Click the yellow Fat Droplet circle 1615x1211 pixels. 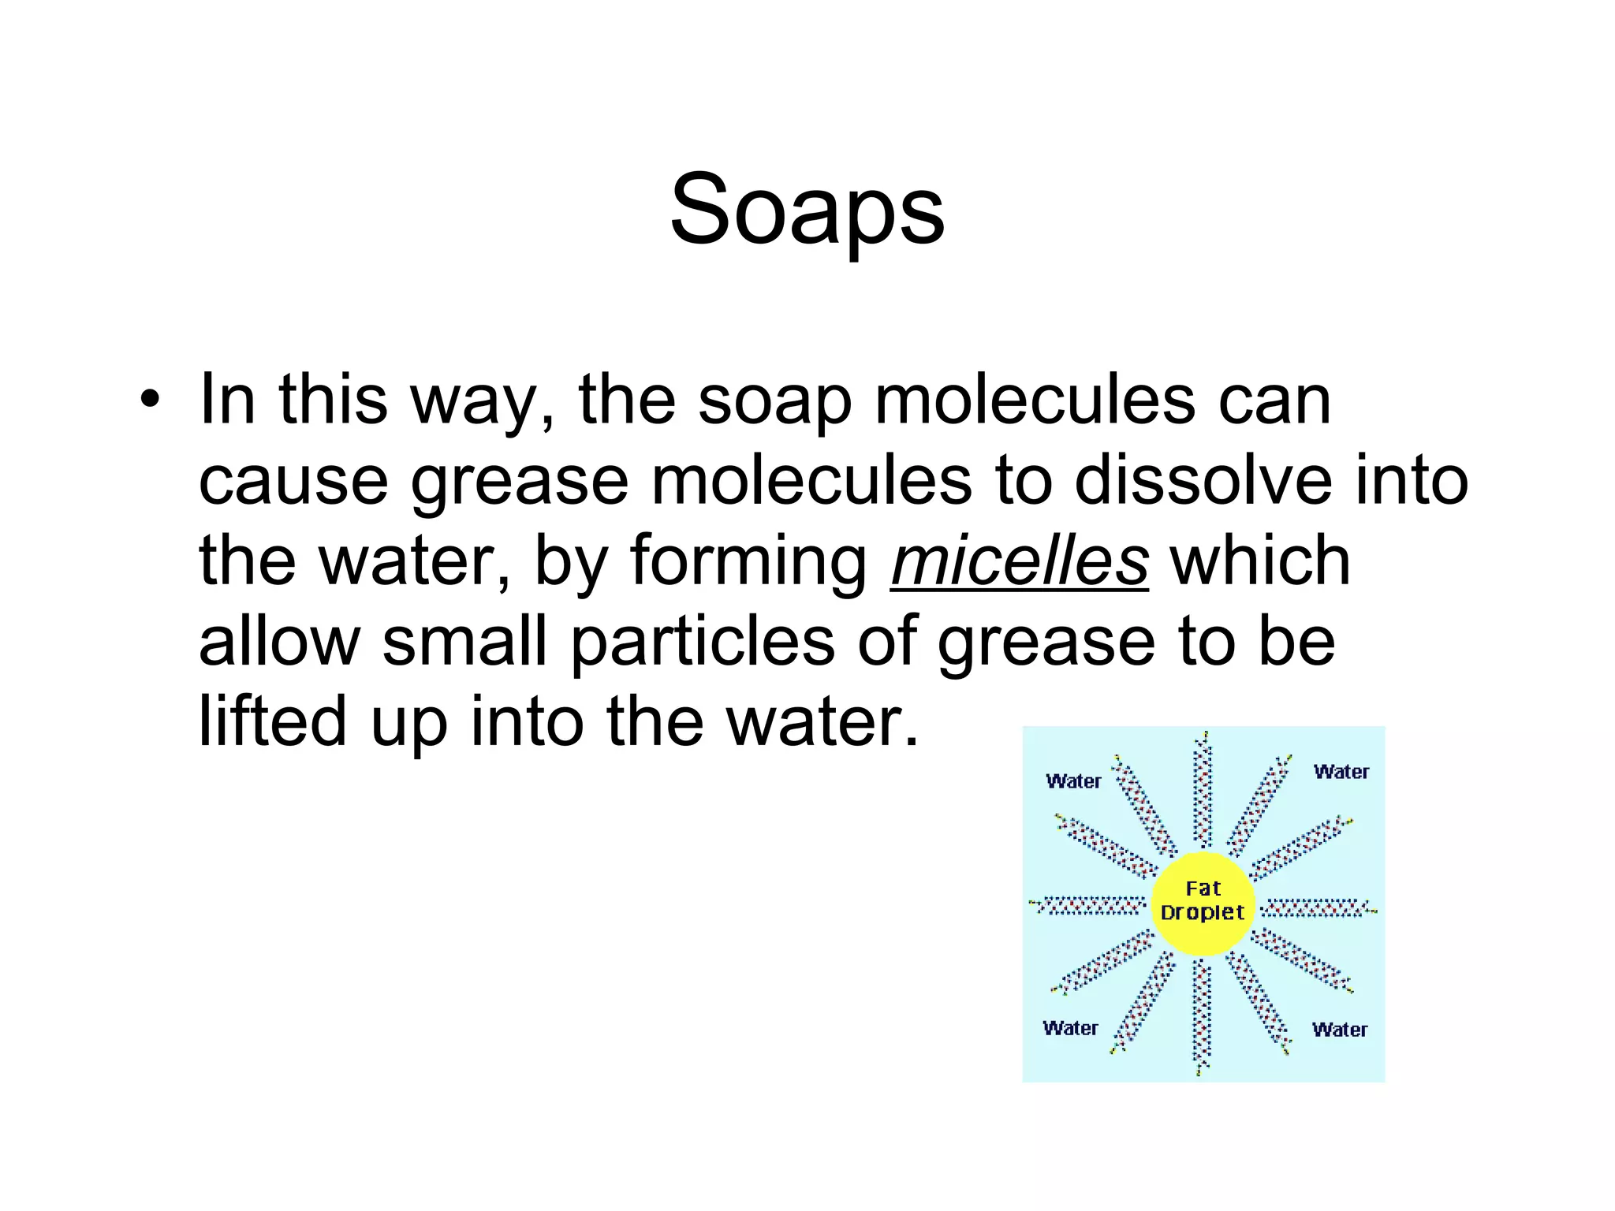point(1203,902)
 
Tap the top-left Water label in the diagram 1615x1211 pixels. point(1073,781)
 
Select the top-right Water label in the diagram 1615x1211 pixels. point(1341,772)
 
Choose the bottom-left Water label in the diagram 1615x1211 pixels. point(1070,1028)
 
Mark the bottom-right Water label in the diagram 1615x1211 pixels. point(1340,1030)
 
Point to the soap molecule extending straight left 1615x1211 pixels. point(1089,906)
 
